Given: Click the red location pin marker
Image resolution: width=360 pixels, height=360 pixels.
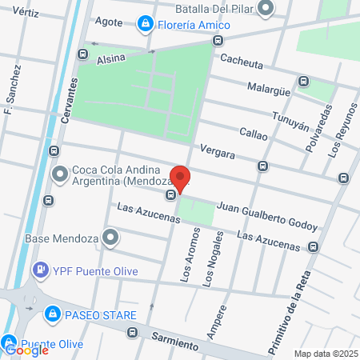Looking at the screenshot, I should tap(180, 178).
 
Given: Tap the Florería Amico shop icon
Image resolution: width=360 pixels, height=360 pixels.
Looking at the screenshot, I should tap(145, 25).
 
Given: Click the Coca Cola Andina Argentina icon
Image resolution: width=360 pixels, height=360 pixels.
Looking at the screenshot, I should tap(60, 173).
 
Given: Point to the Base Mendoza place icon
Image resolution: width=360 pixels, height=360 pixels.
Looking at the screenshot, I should tap(110, 237).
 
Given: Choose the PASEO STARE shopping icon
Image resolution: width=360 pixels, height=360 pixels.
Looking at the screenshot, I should tap(53, 313).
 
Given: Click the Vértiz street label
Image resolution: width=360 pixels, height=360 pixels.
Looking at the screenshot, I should tap(26, 14).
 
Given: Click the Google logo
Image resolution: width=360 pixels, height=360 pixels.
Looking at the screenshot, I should tap(26, 350).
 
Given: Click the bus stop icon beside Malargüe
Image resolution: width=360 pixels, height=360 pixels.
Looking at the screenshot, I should tap(303, 82).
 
